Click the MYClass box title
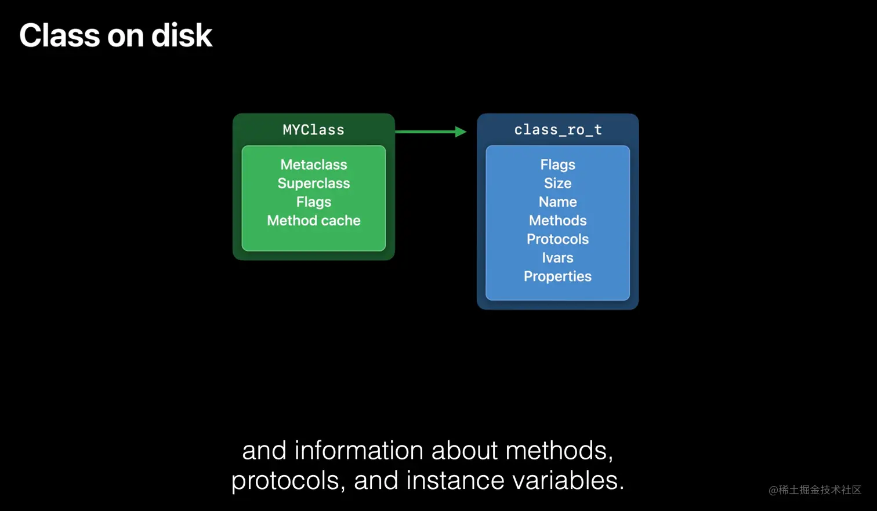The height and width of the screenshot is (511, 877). coord(314,130)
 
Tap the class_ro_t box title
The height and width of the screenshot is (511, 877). coord(558,130)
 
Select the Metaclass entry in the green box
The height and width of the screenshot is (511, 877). coord(314,165)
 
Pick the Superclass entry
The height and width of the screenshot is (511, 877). coord(314,183)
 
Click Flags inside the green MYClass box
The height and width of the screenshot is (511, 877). coord(314,202)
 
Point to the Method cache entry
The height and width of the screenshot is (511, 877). coord(314,221)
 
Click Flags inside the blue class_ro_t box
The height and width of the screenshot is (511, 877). coord(558,165)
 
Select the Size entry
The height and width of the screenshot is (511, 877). coord(558,183)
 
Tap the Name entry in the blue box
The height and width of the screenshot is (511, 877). coord(558,202)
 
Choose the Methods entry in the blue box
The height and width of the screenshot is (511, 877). coord(558,221)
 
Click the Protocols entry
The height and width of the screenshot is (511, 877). coord(558,239)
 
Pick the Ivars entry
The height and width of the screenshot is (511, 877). coord(558,258)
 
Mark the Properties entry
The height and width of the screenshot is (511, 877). coord(558,276)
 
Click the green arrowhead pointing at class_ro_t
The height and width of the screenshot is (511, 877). coord(461,132)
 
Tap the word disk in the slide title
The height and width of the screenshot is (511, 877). coord(182,35)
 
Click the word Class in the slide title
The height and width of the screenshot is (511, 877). coord(60,35)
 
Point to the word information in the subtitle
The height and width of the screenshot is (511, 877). coord(359,450)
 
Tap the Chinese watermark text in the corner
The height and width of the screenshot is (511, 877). coord(815,490)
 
